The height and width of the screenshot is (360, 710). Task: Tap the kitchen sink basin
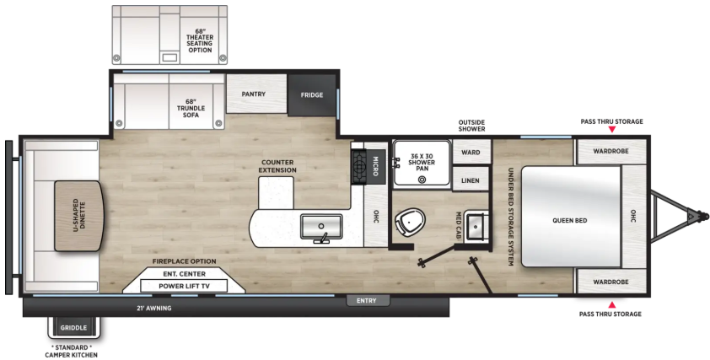[321, 226]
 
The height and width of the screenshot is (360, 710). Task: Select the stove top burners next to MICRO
[360, 166]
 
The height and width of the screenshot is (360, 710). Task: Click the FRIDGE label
[312, 94]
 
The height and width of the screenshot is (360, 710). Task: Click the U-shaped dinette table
[78, 216]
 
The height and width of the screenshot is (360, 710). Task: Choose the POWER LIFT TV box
[183, 286]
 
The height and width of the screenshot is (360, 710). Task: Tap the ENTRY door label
[366, 301]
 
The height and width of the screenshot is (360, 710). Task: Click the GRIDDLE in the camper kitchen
[73, 328]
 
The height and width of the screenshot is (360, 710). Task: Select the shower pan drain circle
[422, 180]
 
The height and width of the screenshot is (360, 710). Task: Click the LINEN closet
[471, 180]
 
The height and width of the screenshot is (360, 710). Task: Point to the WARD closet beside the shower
[471, 152]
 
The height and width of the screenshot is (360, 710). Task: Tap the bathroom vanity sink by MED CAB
[476, 225]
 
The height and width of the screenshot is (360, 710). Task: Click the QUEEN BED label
[570, 221]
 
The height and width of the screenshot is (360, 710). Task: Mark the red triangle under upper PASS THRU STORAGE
[611, 130]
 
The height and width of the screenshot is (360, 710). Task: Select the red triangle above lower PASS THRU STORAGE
[611, 304]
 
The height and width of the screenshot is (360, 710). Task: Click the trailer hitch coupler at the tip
[703, 216]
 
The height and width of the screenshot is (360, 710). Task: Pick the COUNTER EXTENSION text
[278, 166]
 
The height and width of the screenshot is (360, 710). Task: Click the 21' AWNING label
[154, 309]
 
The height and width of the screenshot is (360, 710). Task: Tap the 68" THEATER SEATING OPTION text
[200, 40]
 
